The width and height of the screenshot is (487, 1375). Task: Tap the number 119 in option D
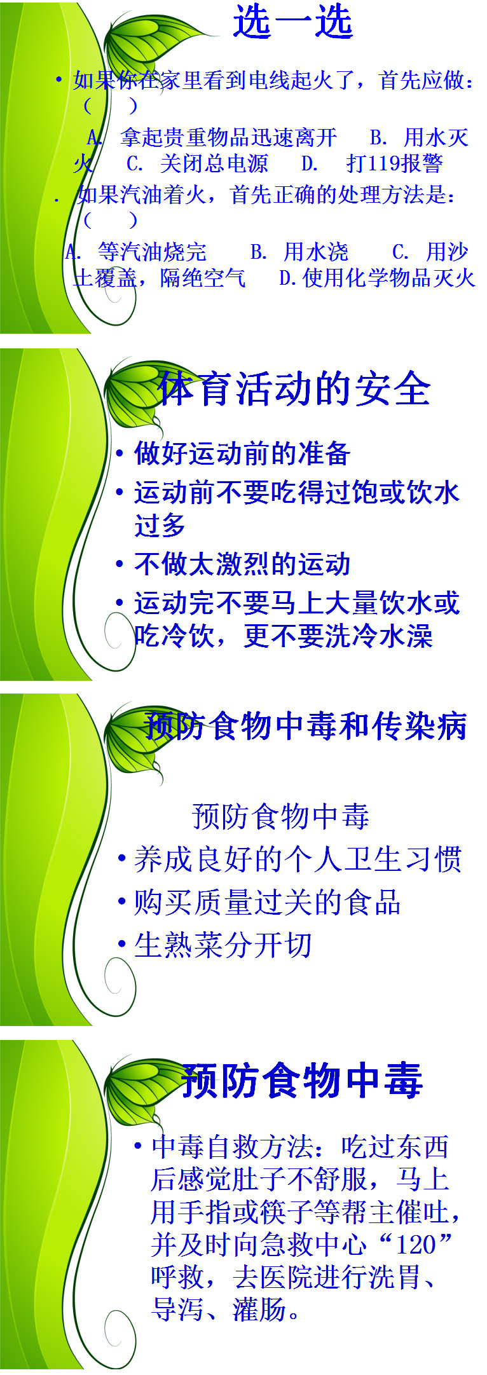coord(384,163)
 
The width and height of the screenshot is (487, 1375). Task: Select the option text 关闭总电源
coord(214,163)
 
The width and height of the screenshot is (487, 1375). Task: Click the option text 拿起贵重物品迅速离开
coord(228,137)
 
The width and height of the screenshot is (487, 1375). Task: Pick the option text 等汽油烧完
coord(152,252)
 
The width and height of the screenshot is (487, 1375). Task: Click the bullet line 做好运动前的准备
coord(242,453)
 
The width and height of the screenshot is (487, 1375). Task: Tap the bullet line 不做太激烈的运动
coord(242,563)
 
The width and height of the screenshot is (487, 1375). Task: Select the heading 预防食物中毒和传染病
coord(305,726)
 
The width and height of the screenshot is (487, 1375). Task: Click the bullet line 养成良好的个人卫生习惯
coord(298,859)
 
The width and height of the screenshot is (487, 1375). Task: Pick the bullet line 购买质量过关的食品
coord(267,902)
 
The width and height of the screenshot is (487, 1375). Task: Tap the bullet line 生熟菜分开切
coord(223,945)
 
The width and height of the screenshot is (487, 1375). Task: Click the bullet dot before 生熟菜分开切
coord(122,945)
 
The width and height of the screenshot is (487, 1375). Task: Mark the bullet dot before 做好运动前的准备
coord(120,454)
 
